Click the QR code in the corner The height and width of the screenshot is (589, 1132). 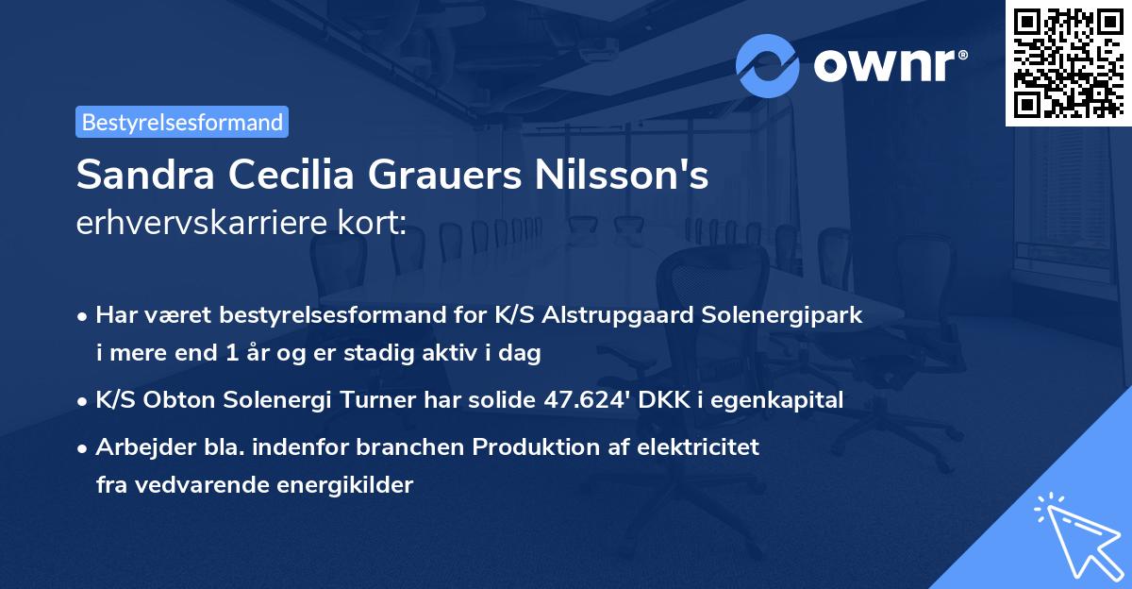(1068, 62)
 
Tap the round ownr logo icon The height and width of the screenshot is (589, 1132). (768, 65)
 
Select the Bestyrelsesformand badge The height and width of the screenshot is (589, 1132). (182, 122)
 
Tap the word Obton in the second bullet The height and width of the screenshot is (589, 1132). (179, 399)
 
